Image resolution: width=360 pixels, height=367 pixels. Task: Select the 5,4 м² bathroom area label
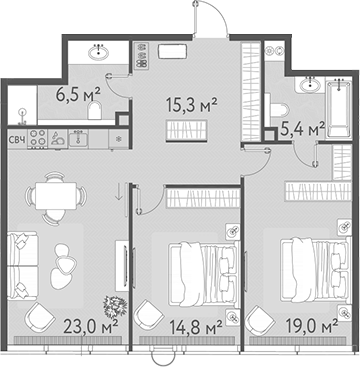point(303,129)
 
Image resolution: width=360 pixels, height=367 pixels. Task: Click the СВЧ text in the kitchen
point(16,141)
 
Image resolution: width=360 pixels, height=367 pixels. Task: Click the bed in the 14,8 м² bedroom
point(198,270)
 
